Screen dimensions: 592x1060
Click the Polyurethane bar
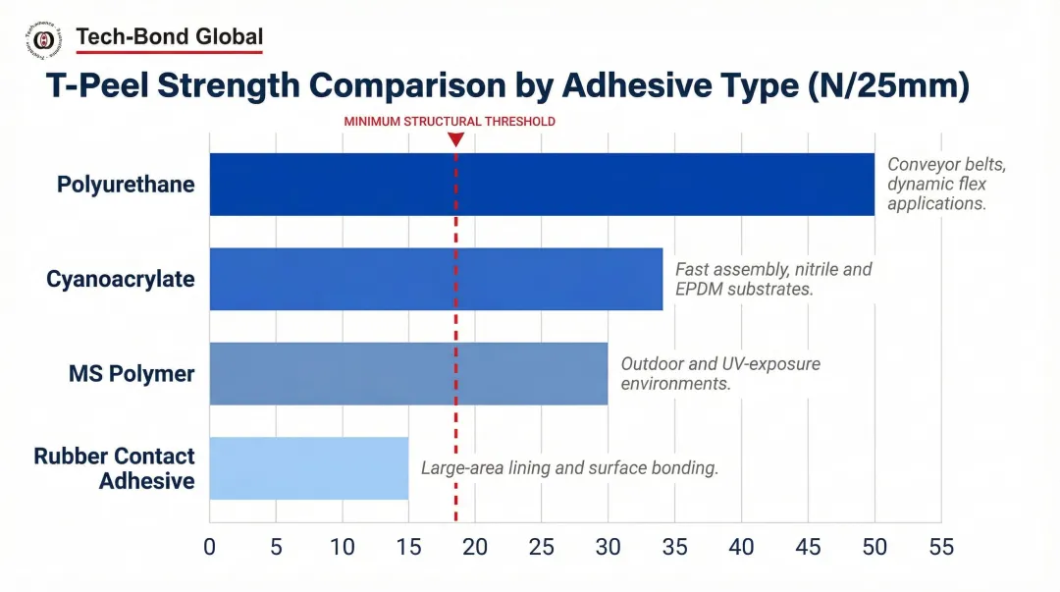(542, 185)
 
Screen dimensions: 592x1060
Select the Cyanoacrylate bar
(436, 279)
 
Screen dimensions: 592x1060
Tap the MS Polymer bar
(408, 374)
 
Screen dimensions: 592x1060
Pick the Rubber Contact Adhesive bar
(308, 468)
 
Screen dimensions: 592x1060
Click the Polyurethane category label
(126, 185)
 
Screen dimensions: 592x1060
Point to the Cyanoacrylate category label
(121, 279)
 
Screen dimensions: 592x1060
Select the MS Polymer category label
(132, 374)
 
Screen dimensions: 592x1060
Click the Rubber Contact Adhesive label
(115, 468)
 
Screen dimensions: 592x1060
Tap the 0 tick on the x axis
(209, 547)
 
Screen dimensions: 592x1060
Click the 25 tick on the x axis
(542, 547)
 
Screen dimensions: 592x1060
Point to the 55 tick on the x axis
(940, 547)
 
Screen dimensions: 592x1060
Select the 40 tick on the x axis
(741, 547)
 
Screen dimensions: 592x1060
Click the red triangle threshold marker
(455, 139)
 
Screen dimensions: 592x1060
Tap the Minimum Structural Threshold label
(450, 122)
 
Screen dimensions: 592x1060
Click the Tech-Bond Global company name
(169, 37)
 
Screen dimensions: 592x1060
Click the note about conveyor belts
(946, 185)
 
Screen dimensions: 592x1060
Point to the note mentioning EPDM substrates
(773, 279)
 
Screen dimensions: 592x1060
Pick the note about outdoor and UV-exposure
(720, 374)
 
